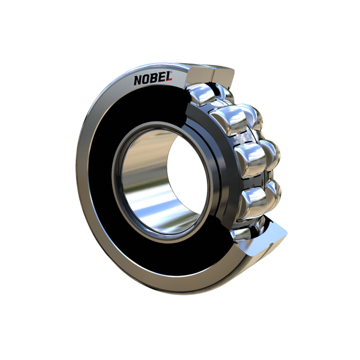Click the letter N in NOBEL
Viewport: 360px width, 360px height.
(138, 80)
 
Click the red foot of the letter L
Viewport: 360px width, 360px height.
(169, 80)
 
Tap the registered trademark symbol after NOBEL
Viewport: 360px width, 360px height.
(171, 72)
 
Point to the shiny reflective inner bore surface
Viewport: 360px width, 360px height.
(147, 184)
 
